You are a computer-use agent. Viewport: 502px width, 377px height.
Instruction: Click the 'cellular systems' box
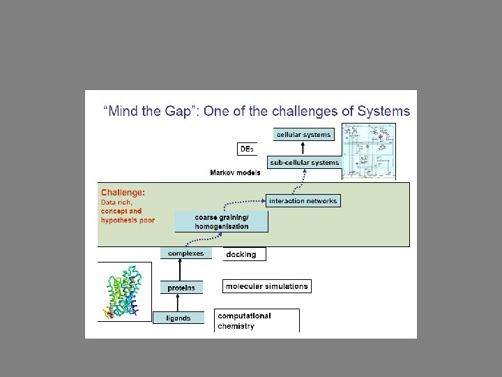coord(303,134)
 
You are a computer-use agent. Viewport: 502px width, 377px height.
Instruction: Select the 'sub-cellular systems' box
coord(305,163)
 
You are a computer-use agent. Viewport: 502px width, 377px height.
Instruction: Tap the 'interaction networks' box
coord(303,200)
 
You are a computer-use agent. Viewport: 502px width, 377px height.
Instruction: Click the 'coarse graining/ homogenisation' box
coord(221,221)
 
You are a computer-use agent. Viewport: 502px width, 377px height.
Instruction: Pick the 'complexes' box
coord(185,253)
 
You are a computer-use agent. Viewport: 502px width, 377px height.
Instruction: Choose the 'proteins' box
coord(181,287)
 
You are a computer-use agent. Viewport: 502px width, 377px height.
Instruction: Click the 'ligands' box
coord(178,318)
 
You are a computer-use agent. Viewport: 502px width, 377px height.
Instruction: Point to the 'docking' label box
coord(242,254)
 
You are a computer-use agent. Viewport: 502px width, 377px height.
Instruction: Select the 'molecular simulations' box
coord(266,286)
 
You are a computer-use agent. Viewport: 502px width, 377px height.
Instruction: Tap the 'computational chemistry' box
coord(257,320)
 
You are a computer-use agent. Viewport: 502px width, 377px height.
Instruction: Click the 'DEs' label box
coord(247,149)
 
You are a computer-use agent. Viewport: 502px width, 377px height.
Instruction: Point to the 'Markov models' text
coord(236,172)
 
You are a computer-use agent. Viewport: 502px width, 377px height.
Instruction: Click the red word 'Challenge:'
coord(123,192)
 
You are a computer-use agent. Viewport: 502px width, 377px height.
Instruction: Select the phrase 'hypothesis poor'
coord(128,220)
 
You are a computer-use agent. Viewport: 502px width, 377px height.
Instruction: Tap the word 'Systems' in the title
coord(383,110)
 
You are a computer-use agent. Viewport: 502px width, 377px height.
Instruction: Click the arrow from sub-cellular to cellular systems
coord(303,148)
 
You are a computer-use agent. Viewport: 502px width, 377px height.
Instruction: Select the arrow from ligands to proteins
coord(178,303)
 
